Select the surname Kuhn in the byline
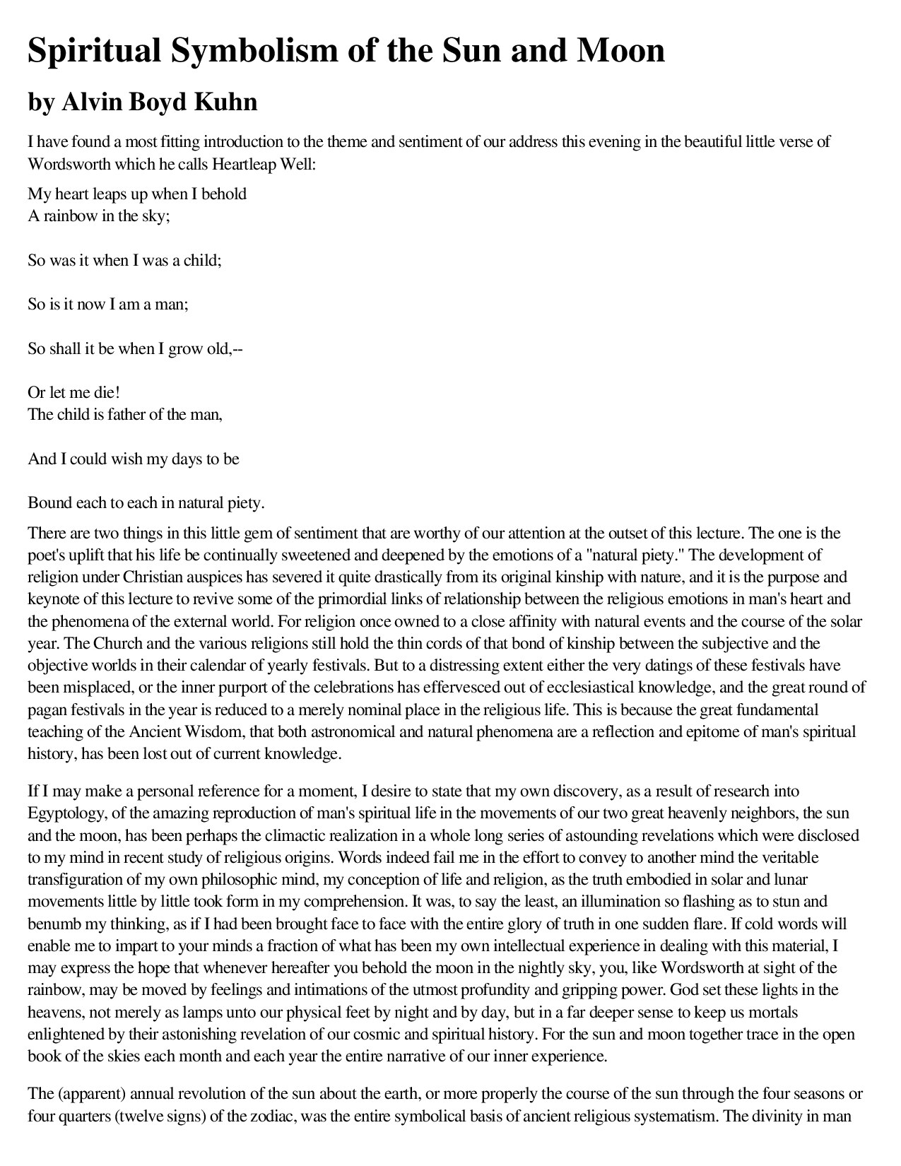point(231,102)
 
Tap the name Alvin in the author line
point(90,102)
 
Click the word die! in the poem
point(107,392)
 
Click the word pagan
point(47,709)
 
